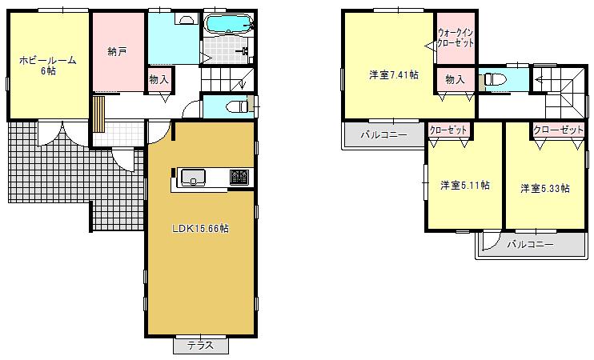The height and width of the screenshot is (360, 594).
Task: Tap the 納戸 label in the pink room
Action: click(x=117, y=52)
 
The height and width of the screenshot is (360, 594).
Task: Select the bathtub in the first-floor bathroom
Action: click(x=227, y=24)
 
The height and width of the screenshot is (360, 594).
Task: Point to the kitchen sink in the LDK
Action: click(x=194, y=178)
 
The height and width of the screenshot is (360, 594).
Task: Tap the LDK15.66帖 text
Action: click(x=201, y=228)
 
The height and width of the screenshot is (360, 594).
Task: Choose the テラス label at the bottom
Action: click(x=200, y=346)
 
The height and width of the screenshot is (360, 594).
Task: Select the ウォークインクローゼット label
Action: click(x=456, y=37)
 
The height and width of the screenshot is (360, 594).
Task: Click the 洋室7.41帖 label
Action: click(x=394, y=75)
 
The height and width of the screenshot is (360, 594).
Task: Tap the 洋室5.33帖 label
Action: click(x=544, y=188)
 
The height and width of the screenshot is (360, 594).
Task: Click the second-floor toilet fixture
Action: click(x=491, y=80)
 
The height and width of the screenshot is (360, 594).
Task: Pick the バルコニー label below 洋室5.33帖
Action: click(x=530, y=244)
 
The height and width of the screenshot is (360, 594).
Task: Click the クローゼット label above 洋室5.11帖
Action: click(x=448, y=129)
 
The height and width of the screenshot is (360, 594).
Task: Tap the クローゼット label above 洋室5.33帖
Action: click(x=557, y=129)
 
